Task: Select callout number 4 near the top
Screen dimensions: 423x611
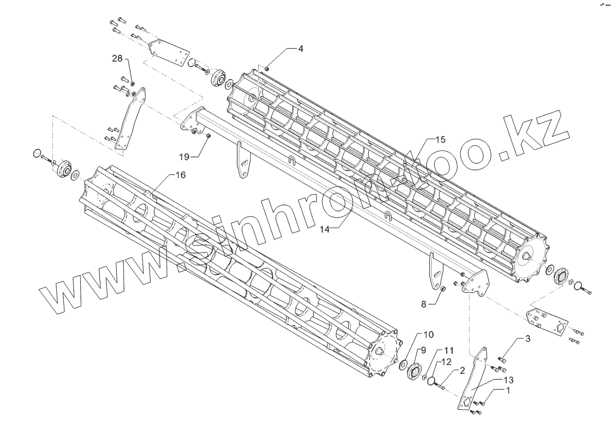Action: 300,49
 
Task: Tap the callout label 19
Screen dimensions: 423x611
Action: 184,157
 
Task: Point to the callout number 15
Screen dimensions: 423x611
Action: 440,139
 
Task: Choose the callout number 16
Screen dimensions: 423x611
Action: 181,175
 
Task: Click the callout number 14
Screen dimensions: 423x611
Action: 324,230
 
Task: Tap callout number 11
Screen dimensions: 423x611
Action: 448,350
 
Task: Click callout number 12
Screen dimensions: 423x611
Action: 447,361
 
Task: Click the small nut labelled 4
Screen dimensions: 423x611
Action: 267,68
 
